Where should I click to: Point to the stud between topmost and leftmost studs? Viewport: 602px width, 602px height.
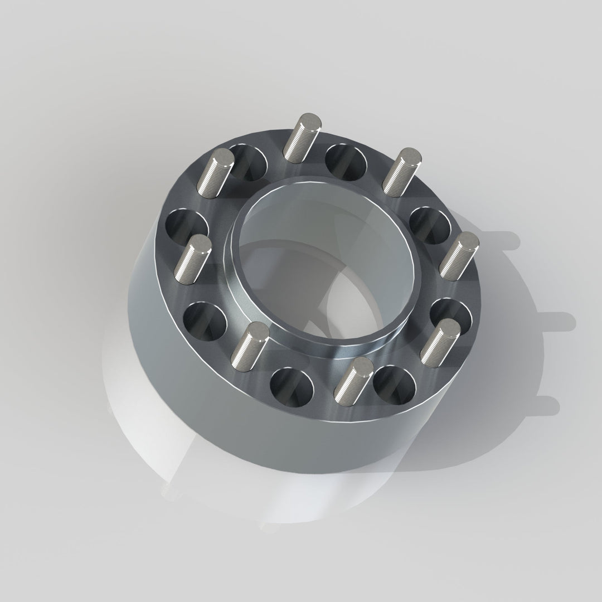(x=215, y=173)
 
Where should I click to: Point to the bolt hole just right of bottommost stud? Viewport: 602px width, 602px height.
(x=395, y=385)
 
